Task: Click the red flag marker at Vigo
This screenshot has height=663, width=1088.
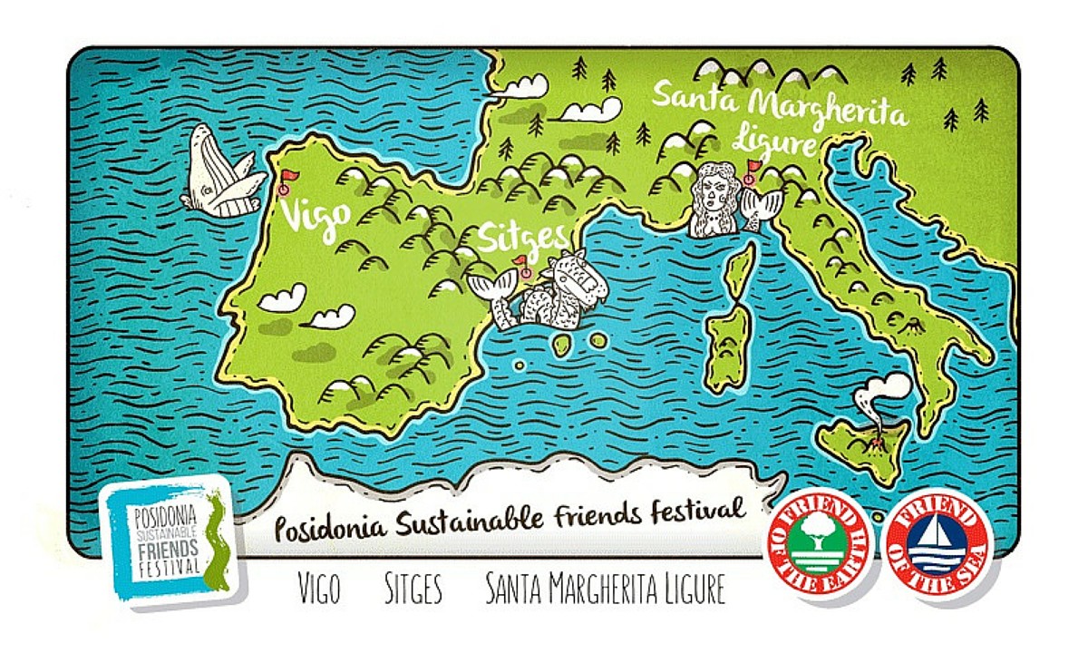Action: point(287,177)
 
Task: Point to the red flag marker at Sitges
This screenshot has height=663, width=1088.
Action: point(523,264)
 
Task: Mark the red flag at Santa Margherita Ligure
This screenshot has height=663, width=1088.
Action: point(753,168)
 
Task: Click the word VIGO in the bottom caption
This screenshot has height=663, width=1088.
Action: point(319,590)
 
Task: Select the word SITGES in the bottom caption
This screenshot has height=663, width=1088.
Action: point(413,590)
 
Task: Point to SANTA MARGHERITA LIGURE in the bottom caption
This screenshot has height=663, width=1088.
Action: point(605,590)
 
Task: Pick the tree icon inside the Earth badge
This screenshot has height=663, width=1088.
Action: point(816,535)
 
